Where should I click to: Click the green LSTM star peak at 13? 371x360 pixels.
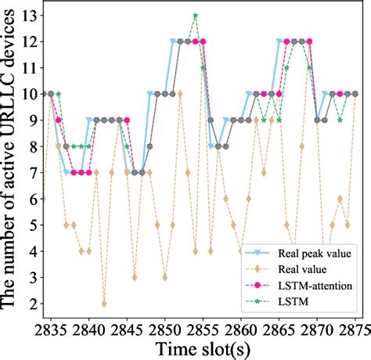195,15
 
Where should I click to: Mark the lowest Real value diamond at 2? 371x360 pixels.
104,304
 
